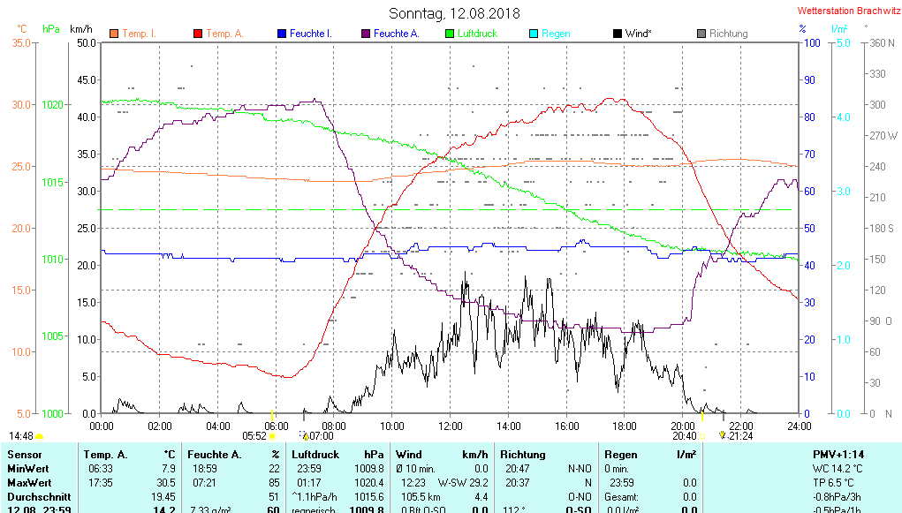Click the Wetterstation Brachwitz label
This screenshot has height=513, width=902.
click(x=846, y=11)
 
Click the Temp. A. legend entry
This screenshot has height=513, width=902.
click(x=224, y=34)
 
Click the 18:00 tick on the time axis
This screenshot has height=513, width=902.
click(x=625, y=426)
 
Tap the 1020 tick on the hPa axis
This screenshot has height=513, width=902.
click(x=52, y=104)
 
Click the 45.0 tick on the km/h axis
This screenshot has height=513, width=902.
click(x=87, y=79)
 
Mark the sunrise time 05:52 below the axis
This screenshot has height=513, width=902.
click(x=254, y=435)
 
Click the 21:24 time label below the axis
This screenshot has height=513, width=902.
click(x=740, y=435)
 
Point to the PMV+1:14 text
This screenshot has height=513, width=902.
click(x=840, y=454)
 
